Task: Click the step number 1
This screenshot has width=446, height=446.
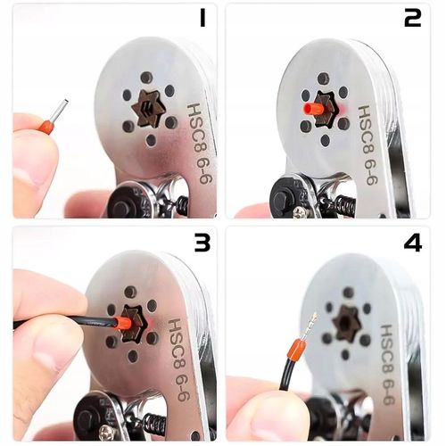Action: [202, 19]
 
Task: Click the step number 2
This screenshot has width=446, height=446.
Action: [413, 19]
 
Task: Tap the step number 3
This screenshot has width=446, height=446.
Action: [202, 244]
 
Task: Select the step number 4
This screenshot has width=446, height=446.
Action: [413, 244]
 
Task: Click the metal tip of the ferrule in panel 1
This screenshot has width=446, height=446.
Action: [61, 110]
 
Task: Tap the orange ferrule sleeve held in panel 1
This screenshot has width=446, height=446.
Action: [46, 126]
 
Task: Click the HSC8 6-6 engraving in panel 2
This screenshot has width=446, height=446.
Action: [368, 145]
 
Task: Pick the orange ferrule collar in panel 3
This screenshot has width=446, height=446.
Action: [122, 323]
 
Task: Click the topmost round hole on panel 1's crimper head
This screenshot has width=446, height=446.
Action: [146, 78]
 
